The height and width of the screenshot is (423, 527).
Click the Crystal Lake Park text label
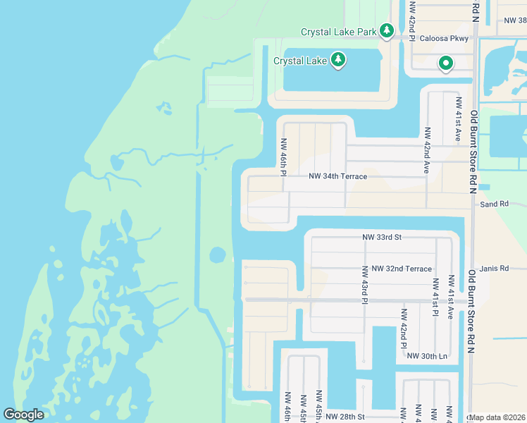coord(339,32)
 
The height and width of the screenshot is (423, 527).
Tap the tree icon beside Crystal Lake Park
coord(386,30)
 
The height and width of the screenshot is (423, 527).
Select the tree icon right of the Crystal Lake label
coord(338,60)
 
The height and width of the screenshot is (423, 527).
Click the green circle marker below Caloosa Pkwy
coord(446,64)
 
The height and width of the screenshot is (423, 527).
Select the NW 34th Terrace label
coord(337,176)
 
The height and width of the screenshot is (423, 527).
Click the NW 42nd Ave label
coord(427,150)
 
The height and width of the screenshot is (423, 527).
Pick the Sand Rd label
coord(494,204)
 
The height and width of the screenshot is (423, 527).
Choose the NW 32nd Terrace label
coord(402,269)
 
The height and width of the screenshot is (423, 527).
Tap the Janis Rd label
coord(493,269)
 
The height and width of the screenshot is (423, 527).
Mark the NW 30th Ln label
coord(427,356)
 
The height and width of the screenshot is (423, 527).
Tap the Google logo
coord(23,415)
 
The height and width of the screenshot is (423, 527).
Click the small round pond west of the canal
coord(217,254)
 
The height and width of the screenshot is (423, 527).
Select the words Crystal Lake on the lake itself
coord(300,61)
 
